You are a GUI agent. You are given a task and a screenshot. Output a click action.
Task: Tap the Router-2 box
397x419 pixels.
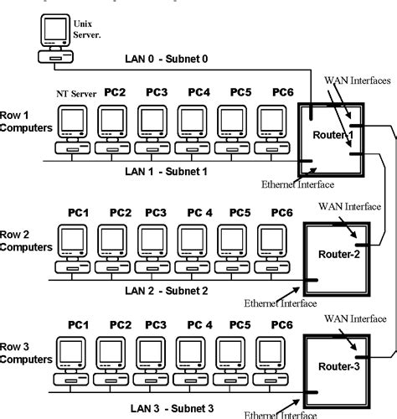tap(338, 255)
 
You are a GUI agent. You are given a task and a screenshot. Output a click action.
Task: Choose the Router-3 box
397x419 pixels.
tap(338, 366)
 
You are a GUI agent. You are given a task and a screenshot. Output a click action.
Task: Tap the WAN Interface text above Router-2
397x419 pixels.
tap(353, 205)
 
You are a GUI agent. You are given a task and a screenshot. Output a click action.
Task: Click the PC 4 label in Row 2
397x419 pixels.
tap(199, 213)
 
